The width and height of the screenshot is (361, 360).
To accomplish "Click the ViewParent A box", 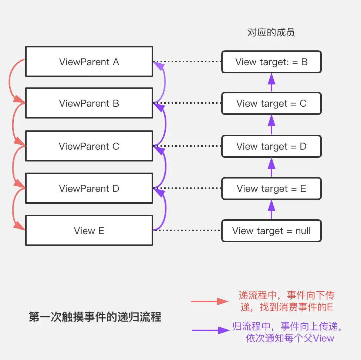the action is [x=89, y=61].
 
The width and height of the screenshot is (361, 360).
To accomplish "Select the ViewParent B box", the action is [x=89, y=103].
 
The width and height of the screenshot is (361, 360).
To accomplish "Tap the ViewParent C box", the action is [x=89, y=146].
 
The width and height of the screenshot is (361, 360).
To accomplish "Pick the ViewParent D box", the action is [x=89, y=188].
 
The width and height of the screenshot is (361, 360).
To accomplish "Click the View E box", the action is [x=89, y=230].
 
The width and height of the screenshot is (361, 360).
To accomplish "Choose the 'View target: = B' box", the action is [x=271, y=62].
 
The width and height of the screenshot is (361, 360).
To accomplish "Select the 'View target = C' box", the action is [x=271, y=103].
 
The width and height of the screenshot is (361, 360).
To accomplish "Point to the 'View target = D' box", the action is [x=271, y=146].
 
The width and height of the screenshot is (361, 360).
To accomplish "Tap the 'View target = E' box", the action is [x=271, y=189].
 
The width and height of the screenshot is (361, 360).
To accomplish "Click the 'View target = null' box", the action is [x=271, y=231].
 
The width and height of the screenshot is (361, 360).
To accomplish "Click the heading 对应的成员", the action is [x=271, y=32].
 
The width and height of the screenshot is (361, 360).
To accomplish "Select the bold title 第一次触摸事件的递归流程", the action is [x=95, y=317].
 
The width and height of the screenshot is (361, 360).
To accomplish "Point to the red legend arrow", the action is [x=209, y=301].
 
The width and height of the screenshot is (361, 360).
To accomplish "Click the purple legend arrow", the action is [x=211, y=330].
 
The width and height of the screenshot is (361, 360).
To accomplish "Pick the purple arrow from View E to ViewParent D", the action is [x=166, y=209].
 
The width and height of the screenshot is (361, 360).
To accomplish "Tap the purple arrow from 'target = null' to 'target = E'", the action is [x=271, y=209].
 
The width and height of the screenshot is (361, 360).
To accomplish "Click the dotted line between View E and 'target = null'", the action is [x=187, y=230].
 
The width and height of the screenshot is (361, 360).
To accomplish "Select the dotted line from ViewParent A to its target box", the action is [x=187, y=61].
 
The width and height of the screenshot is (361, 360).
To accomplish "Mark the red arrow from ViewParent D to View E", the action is [x=13, y=209].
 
